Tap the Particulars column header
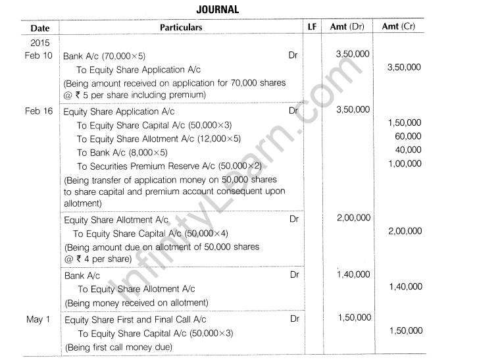[x=180, y=28]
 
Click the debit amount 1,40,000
[x=353, y=274]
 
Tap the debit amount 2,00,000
[x=353, y=219]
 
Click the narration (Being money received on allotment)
[x=136, y=303]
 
